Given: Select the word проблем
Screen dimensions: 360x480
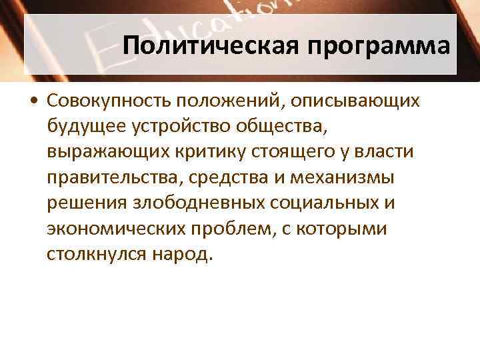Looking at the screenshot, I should pos(254,229).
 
